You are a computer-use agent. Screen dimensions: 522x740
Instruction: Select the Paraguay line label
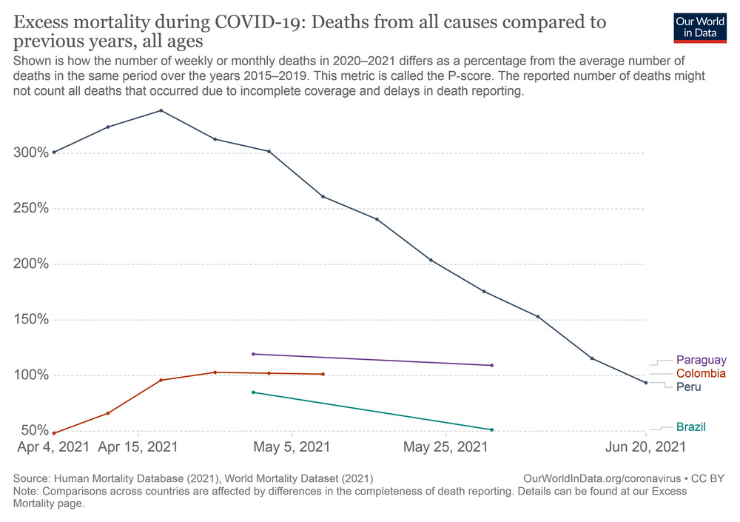[x=701, y=361]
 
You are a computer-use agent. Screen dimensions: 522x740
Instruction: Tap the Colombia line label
[x=701, y=374]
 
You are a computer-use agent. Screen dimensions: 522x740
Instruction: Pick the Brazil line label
[x=690, y=427]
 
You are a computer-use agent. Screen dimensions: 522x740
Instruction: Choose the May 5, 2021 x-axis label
[x=293, y=447]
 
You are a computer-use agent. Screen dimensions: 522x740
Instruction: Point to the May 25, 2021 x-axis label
[x=446, y=447]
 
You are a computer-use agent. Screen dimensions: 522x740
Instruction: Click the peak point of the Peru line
[x=161, y=111]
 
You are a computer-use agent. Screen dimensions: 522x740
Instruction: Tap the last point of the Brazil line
[x=492, y=429]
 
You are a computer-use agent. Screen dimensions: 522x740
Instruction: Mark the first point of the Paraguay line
[x=253, y=354]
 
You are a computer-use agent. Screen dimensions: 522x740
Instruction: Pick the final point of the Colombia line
[x=323, y=374]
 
